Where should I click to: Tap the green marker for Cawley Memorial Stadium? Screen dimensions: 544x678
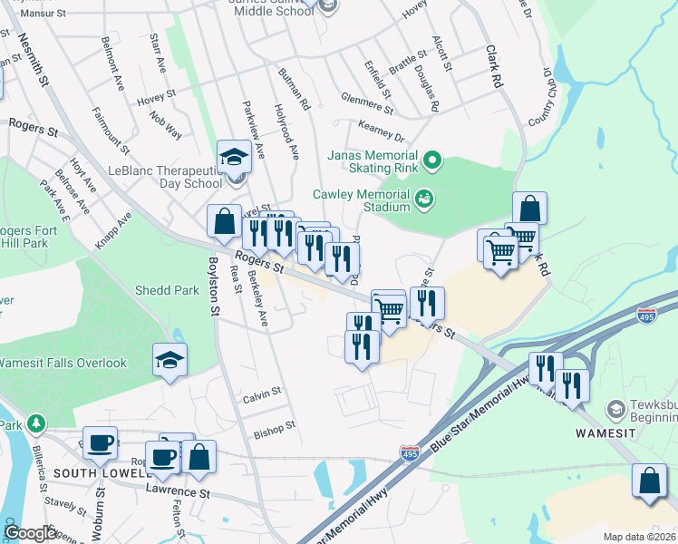423,198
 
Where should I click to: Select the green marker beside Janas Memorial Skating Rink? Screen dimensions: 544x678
432,162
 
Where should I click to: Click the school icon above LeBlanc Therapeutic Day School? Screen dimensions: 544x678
234,156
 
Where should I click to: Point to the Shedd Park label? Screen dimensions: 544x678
166,290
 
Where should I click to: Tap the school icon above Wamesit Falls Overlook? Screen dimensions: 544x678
169,359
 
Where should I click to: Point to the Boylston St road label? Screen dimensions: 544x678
214,286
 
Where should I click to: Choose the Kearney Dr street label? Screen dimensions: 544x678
382,136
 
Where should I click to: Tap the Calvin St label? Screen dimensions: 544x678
262,397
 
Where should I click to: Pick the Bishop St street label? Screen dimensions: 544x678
275,426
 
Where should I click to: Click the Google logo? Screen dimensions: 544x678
30,533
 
